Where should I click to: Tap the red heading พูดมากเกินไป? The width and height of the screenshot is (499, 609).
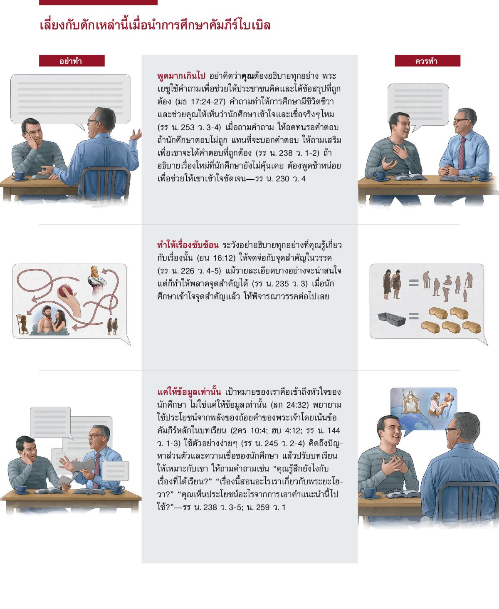pyautogui.click(x=181, y=76)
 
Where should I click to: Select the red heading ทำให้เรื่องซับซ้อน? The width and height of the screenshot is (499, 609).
pyautogui.click(x=188, y=245)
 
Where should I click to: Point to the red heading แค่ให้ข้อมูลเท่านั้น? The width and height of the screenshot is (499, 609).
pyautogui.click(x=189, y=392)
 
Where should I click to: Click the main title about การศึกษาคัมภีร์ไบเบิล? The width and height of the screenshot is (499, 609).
pyautogui.click(x=155, y=25)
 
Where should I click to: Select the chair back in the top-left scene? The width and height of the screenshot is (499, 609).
pyautogui.click(x=106, y=183)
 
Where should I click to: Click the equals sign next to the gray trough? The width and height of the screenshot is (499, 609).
pyautogui.click(x=414, y=316)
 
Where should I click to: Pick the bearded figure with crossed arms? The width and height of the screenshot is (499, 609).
pyautogui.click(x=97, y=279)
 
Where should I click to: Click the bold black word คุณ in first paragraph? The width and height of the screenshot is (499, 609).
pyautogui.click(x=247, y=76)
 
